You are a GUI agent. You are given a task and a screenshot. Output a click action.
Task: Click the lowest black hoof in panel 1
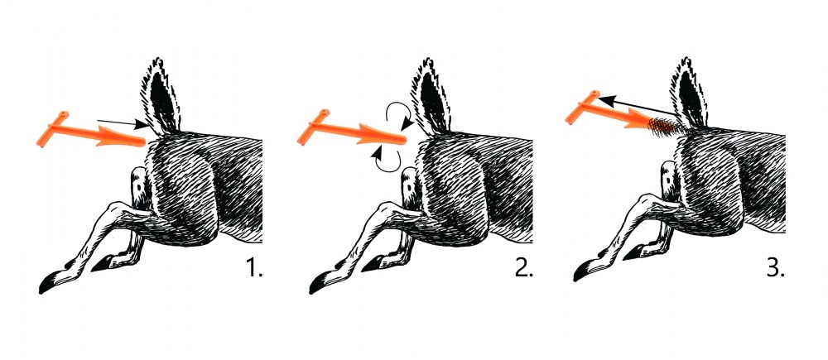47,285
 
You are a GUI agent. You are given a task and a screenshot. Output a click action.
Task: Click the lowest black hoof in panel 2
318,285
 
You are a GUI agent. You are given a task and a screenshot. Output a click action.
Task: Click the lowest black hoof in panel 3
581,271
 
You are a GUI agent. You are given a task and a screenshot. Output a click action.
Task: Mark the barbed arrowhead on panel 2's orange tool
373,134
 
